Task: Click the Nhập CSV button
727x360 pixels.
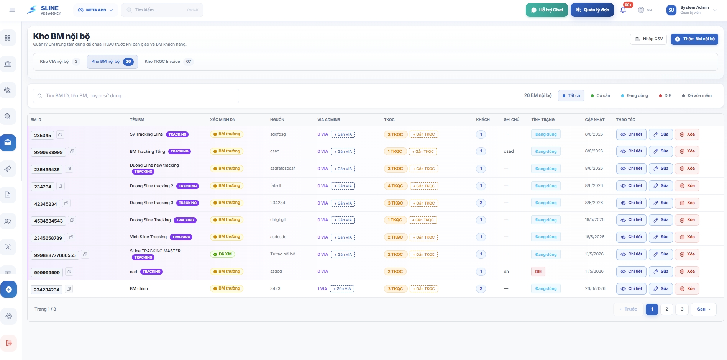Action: point(648,39)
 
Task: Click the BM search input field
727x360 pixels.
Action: point(136,96)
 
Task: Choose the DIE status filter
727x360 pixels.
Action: point(665,96)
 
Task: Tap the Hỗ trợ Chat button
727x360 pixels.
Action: point(547,10)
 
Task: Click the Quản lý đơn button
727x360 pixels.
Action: point(592,10)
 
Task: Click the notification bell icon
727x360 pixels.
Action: point(623,10)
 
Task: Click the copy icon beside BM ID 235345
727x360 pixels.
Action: point(60,134)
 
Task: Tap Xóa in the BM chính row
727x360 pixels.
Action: point(687,289)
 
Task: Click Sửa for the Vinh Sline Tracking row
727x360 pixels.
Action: point(661,237)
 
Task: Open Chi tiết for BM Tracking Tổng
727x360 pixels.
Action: point(631,151)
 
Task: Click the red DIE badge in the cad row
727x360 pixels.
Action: point(538,272)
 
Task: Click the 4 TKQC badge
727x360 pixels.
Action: point(395,186)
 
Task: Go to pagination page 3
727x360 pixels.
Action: point(682,309)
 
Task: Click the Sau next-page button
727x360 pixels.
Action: point(704,309)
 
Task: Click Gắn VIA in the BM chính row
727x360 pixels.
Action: point(342,289)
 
